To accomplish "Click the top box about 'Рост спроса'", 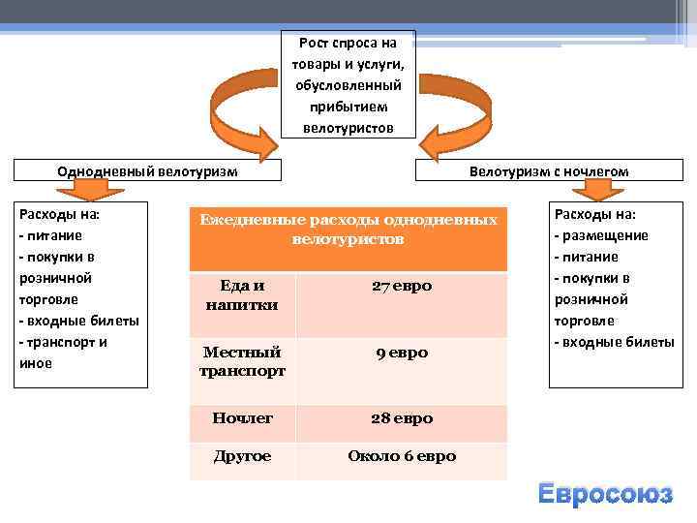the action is pos(348,84).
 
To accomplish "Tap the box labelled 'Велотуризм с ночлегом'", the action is pos(548,170).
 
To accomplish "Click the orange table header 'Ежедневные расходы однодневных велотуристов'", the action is pos(348,230).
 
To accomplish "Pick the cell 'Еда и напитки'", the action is pos(242,295).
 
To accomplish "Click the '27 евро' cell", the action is pos(402,287).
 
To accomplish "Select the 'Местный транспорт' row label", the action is pos(242,361).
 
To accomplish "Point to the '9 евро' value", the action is pos(402,354).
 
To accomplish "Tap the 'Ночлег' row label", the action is pos(242,418).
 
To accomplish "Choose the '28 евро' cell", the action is pos(402,418).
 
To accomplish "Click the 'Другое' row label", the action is pos(242,455).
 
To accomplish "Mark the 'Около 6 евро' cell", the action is pos(402,455).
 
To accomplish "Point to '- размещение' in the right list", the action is pos(600,235).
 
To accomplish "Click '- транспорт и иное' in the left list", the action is pos(63,353).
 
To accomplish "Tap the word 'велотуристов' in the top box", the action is pos(348,127).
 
